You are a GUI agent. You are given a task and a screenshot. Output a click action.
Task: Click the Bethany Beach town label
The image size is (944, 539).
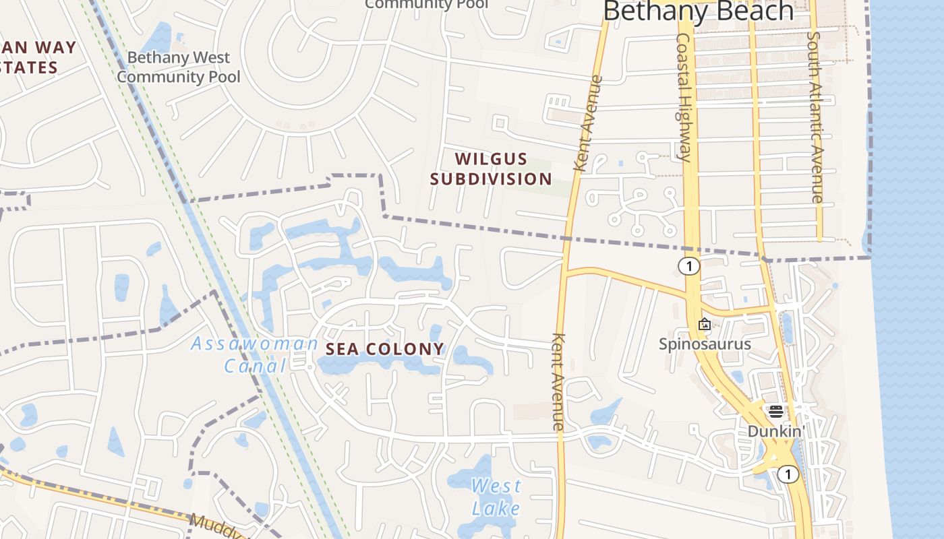click(x=698, y=11)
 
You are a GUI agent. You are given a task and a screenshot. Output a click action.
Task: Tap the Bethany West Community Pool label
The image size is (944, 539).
click(x=179, y=67)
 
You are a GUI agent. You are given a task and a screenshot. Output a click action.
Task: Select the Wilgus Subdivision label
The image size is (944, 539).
click(x=491, y=168)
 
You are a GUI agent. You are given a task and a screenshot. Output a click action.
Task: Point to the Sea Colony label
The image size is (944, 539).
click(x=385, y=349)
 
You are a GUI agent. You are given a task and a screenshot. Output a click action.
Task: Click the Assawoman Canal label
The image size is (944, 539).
click(x=254, y=354)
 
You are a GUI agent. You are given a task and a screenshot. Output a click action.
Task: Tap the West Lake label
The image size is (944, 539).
click(x=496, y=496)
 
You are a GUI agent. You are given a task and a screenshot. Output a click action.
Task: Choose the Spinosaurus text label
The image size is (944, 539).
click(x=705, y=344)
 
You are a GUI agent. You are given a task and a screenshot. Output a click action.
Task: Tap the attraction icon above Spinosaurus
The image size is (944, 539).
click(x=705, y=325)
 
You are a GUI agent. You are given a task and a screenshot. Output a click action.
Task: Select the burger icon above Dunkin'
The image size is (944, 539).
click(x=775, y=411)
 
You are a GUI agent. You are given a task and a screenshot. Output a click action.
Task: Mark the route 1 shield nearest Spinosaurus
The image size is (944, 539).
click(x=688, y=266)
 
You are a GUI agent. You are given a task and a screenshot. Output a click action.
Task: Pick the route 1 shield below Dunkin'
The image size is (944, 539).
click(x=787, y=474)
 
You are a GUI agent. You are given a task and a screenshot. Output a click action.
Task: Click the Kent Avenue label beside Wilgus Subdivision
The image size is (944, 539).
click(x=586, y=124)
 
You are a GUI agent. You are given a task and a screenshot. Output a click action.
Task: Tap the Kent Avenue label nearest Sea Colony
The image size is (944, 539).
click(x=558, y=381)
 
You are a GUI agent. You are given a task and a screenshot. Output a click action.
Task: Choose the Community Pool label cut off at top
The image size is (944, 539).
click(x=426, y=4)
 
